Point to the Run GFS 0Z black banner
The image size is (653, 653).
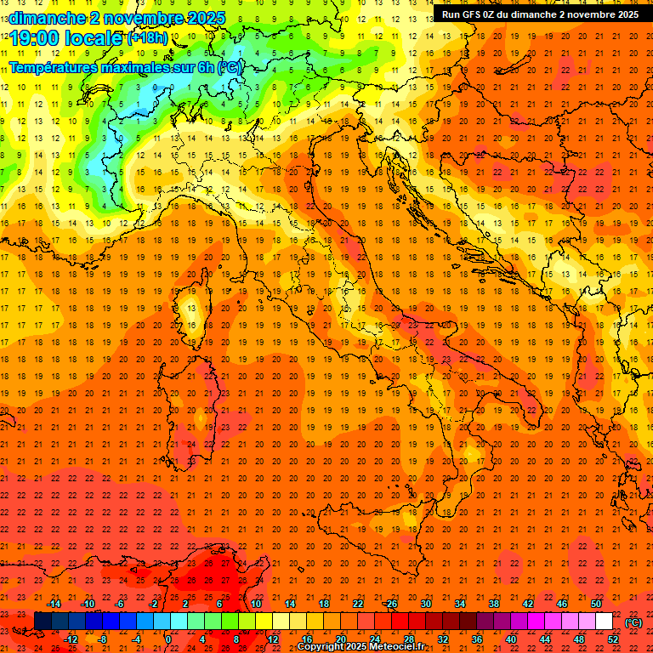tap(540, 14)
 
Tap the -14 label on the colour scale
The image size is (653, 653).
tap(54, 604)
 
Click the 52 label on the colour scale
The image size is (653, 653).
tap(613, 639)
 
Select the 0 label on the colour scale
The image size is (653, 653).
tap(168, 639)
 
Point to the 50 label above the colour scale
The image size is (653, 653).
tap(596, 604)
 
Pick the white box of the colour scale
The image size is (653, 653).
tap(604, 622)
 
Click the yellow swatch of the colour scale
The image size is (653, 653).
tap(264, 622)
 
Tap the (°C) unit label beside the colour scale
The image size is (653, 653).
tap(633, 622)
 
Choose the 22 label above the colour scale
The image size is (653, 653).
tap(357, 604)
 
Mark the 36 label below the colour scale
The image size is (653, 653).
tap(477, 639)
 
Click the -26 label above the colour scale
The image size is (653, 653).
tap(390, 604)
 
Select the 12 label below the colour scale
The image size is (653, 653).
tap(273, 639)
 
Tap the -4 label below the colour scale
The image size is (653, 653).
tap(136, 639)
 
